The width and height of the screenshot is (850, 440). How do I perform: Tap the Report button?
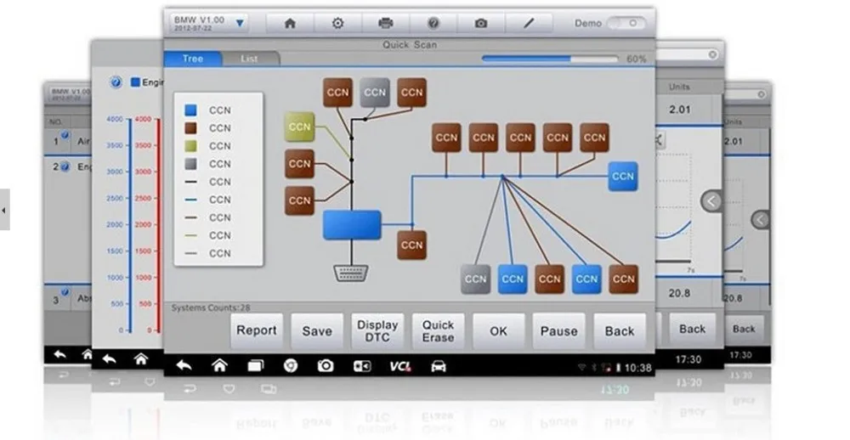tap(257, 330)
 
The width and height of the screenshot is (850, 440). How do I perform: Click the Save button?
tap(317, 331)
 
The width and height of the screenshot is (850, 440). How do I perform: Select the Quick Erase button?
tap(438, 330)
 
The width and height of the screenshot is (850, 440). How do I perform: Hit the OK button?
tap(498, 331)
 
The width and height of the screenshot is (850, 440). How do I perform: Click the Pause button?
tap(558, 331)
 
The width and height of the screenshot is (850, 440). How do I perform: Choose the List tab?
tap(249, 59)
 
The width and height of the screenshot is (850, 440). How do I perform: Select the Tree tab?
tap(193, 59)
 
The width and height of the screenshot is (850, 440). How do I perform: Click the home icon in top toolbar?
tap(290, 23)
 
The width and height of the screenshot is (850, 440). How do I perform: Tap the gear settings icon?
tap(337, 23)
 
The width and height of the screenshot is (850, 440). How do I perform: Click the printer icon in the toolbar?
tap(385, 23)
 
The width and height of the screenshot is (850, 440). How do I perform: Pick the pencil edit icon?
tap(529, 23)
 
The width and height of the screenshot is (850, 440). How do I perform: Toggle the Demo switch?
tap(625, 23)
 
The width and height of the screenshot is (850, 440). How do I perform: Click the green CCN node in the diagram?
tap(299, 127)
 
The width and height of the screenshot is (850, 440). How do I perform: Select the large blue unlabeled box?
tap(352, 225)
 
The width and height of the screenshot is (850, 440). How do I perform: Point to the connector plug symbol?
tap(350, 273)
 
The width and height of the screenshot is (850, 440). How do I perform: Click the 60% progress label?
tap(636, 59)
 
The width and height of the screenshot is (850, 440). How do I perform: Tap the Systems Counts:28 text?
tap(212, 307)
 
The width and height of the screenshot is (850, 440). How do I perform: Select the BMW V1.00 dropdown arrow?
tap(241, 23)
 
